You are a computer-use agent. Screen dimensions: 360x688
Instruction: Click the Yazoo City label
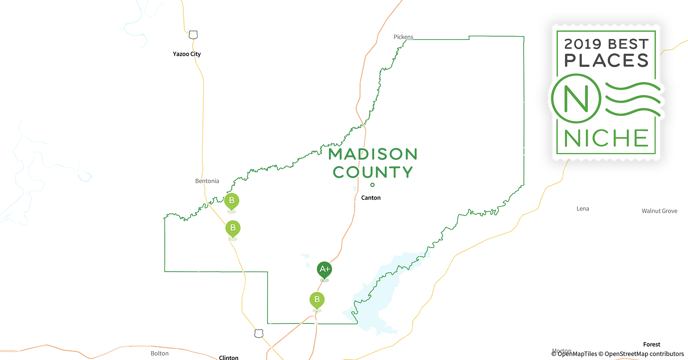pos(187,54)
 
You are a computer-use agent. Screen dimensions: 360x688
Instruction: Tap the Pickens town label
pos(403,37)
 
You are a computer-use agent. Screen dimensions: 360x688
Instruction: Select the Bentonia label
pos(207,181)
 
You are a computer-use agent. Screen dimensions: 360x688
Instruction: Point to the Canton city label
pos(371,198)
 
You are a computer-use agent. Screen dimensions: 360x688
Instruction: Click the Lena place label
pos(582,208)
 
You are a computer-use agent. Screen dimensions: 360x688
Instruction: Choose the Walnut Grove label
pos(659,211)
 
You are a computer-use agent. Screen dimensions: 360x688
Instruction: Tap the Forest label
pos(652,345)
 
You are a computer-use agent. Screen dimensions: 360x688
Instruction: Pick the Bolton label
pos(160,353)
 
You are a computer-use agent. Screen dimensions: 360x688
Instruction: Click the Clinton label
pos(228,357)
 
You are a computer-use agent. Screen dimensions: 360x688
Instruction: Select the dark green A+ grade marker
pos(324,269)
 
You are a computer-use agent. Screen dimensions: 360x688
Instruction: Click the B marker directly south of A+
pos(317,300)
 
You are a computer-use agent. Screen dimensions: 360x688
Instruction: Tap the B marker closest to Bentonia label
pos(232,201)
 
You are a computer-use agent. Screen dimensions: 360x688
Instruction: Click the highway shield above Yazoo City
pos(193,35)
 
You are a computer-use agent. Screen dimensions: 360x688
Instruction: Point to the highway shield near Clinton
pos(259,333)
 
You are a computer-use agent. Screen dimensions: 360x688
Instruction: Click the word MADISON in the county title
pos(373,154)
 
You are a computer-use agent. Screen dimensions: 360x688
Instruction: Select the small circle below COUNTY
pos(372,185)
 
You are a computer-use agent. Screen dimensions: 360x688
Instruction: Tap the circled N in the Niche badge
pos(576,98)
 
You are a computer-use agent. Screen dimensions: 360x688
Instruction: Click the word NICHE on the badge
pos(606,138)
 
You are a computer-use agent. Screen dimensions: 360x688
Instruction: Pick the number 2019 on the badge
pos(582,44)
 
